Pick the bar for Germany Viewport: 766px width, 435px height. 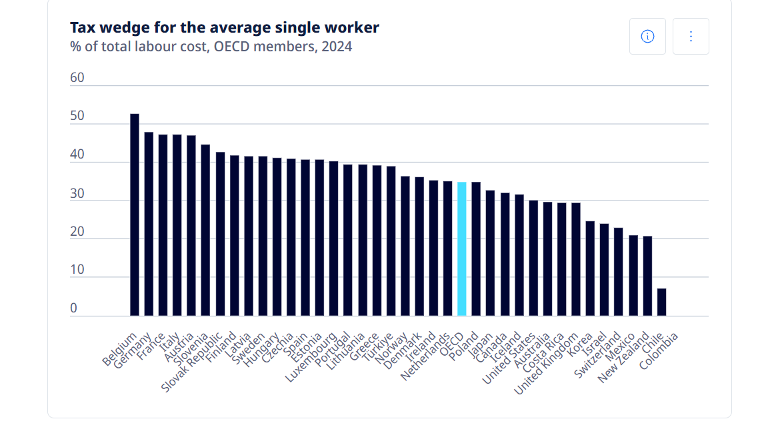click(149, 224)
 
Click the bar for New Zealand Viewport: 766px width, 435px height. click(647, 276)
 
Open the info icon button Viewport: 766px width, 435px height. click(647, 36)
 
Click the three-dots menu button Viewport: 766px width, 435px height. click(691, 36)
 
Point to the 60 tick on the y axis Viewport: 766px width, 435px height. click(77, 78)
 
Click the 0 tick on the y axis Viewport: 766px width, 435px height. click(74, 308)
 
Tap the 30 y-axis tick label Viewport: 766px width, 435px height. click(77, 193)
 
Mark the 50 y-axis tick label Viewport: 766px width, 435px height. click(77, 116)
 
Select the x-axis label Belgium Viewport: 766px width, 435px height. click(119, 348)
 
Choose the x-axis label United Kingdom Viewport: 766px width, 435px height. click(547, 363)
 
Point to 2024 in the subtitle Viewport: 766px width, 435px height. click(336, 47)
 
